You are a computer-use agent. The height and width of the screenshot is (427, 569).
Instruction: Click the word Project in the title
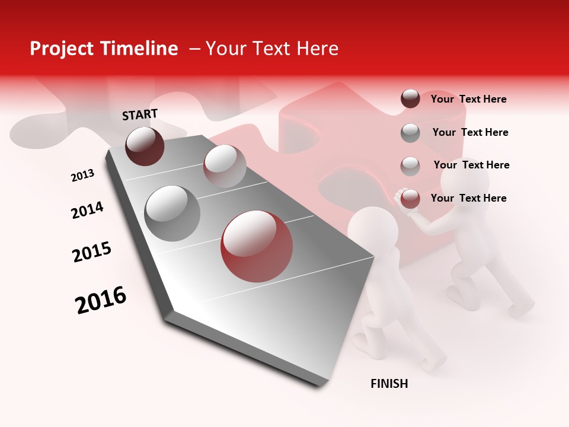(x=62, y=49)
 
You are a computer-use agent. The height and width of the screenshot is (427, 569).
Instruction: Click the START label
(x=140, y=114)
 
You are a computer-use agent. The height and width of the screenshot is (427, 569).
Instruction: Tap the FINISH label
(x=389, y=384)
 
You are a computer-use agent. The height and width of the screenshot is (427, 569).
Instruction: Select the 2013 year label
(x=82, y=176)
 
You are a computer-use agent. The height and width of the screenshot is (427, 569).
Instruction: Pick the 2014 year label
(x=87, y=210)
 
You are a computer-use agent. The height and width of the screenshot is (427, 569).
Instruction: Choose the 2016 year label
(x=101, y=300)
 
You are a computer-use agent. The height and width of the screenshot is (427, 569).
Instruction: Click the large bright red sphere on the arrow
(x=257, y=246)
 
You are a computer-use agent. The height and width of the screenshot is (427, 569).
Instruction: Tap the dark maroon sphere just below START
(x=145, y=146)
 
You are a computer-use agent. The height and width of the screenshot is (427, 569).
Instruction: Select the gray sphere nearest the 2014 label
(x=172, y=213)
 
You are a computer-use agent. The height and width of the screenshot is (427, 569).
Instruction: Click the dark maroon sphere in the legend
(x=410, y=98)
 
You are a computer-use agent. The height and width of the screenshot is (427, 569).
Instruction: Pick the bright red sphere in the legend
(x=410, y=199)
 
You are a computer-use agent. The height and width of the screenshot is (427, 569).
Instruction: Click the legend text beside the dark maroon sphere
(x=468, y=99)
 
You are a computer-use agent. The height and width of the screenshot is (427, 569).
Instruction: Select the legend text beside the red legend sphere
(x=468, y=198)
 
